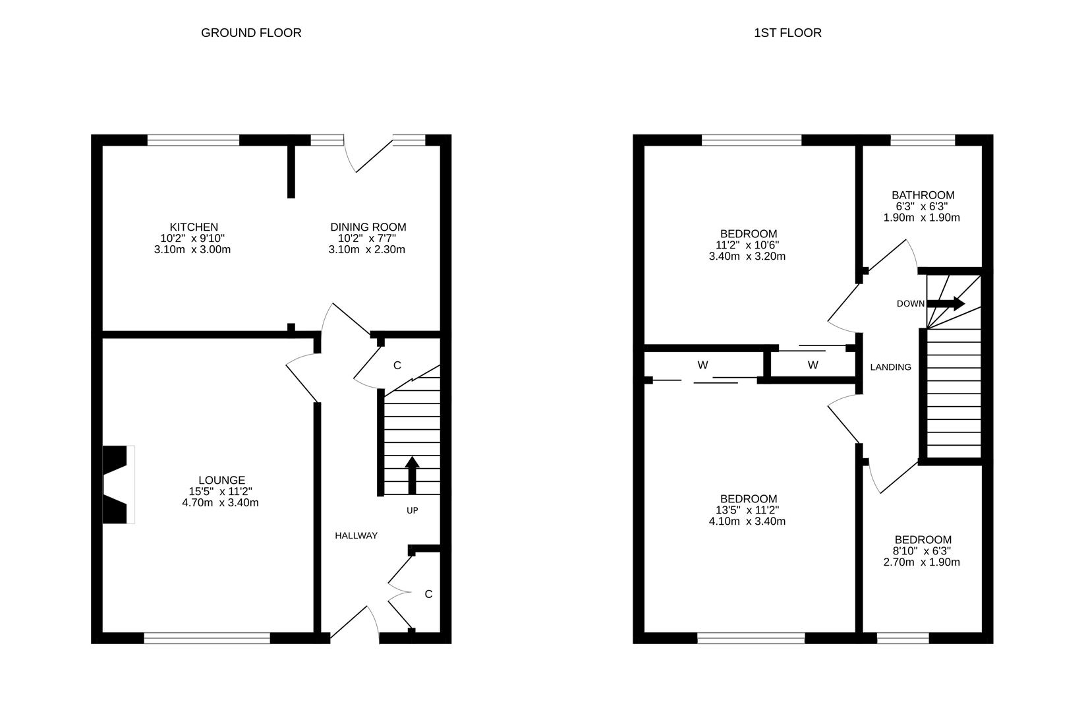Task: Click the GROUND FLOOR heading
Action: coord(251,33)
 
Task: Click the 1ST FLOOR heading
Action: coord(787,33)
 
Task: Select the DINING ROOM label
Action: coord(368,227)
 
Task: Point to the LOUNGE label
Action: coord(221,481)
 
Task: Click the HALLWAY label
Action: coord(356,535)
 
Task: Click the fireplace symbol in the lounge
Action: coord(117,485)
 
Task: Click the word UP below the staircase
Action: coord(412,510)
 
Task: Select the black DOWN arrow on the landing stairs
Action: coord(946,303)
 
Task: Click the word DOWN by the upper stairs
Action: coord(911,304)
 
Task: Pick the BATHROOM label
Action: coord(923,195)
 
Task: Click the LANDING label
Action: coord(890,367)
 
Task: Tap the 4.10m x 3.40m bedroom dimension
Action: coord(748,521)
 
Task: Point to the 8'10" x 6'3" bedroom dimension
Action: coord(922,551)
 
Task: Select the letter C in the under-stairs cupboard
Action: coord(397,366)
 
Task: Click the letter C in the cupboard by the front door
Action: coord(428,594)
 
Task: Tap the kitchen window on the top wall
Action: coord(193,140)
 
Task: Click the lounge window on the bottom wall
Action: coord(207,638)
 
